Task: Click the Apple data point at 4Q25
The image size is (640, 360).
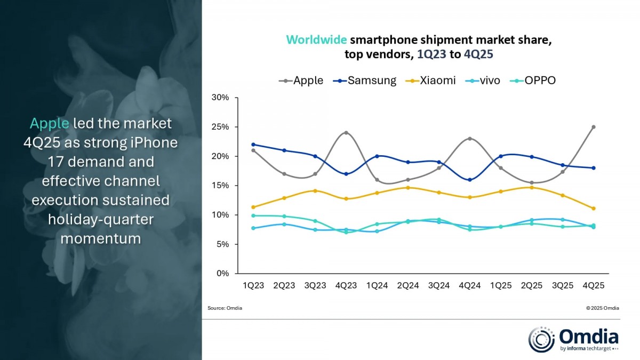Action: tap(593, 127)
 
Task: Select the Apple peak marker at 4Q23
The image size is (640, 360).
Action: tap(346, 133)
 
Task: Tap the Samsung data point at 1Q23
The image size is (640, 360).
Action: tap(253, 145)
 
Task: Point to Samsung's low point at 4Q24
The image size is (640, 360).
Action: tap(469, 180)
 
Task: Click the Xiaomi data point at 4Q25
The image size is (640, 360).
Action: tap(593, 209)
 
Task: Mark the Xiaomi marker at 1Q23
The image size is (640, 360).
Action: tap(253, 207)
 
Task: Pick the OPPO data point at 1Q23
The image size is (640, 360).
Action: tap(253, 215)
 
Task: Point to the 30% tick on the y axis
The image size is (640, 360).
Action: tap(220, 98)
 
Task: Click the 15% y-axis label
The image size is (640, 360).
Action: tap(220, 186)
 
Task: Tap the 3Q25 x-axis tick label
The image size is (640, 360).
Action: tap(562, 285)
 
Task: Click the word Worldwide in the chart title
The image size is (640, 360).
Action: tap(317, 40)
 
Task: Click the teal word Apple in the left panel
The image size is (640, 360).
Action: tap(49, 124)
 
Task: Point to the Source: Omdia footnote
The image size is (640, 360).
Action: tap(225, 308)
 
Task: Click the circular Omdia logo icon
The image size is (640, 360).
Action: tap(541, 340)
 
